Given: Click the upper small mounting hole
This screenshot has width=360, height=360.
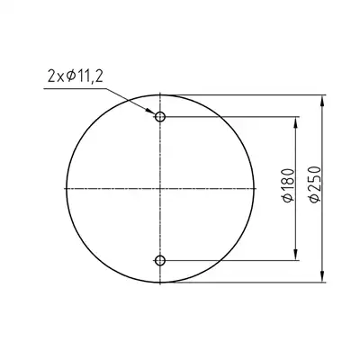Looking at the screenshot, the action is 160,116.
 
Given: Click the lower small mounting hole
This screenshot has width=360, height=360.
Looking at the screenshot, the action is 160,260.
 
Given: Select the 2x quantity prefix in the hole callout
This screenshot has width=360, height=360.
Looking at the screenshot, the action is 56,76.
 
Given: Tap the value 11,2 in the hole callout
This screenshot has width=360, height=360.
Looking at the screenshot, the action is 88,76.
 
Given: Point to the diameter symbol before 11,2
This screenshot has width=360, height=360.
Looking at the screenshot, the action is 70,76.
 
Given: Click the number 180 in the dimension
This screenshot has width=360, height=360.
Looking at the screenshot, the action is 289,180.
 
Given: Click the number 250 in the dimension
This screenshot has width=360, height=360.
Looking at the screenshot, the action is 315,178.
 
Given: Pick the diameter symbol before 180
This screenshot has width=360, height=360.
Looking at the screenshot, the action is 289,198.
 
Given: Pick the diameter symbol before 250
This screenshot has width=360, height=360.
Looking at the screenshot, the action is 315,197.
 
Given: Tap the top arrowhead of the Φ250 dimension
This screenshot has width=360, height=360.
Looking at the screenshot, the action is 322,100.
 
